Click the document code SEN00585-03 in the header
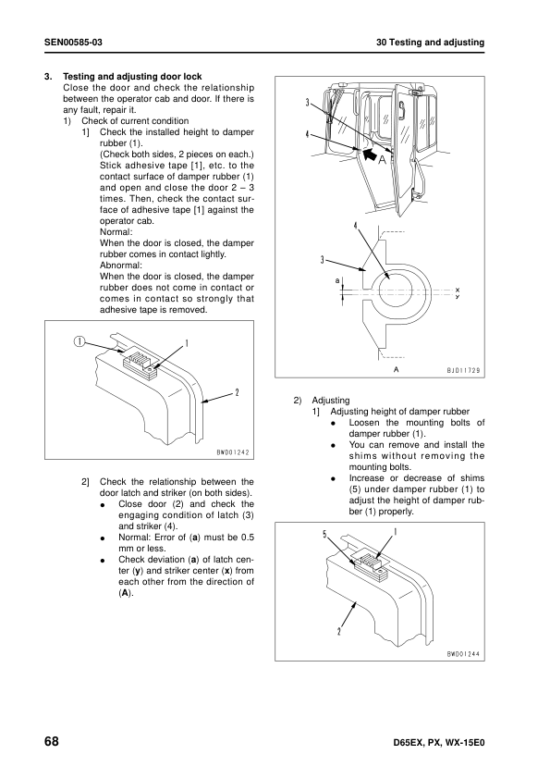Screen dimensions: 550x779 click(73, 43)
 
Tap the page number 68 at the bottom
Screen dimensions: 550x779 click(52, 742)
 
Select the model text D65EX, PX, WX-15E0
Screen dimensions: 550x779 click(438, 743)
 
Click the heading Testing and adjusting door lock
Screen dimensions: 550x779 click(132, 77)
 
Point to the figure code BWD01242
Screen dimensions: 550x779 click(233, 452)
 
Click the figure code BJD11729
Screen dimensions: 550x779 click(463, 371)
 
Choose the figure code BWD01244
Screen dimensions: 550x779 click(463, 654)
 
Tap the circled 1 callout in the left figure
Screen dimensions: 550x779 click(79, 341)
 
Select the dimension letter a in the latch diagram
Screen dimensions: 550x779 click(337, 280)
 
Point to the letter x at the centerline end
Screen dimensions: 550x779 click(458, 290)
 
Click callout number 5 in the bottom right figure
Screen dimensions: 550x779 click(324, 535)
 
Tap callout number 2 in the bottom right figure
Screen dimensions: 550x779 click(339, 632)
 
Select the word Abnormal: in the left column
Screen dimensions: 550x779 click(120, 266)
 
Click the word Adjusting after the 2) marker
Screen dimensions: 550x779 click(331, 401)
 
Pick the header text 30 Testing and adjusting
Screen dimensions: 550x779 click(431, 43)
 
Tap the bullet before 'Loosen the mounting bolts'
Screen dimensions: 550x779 click(334, 424)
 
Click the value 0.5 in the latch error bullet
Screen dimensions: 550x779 click(247, 538)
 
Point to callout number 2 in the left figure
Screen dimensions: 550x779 click(237, 392)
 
